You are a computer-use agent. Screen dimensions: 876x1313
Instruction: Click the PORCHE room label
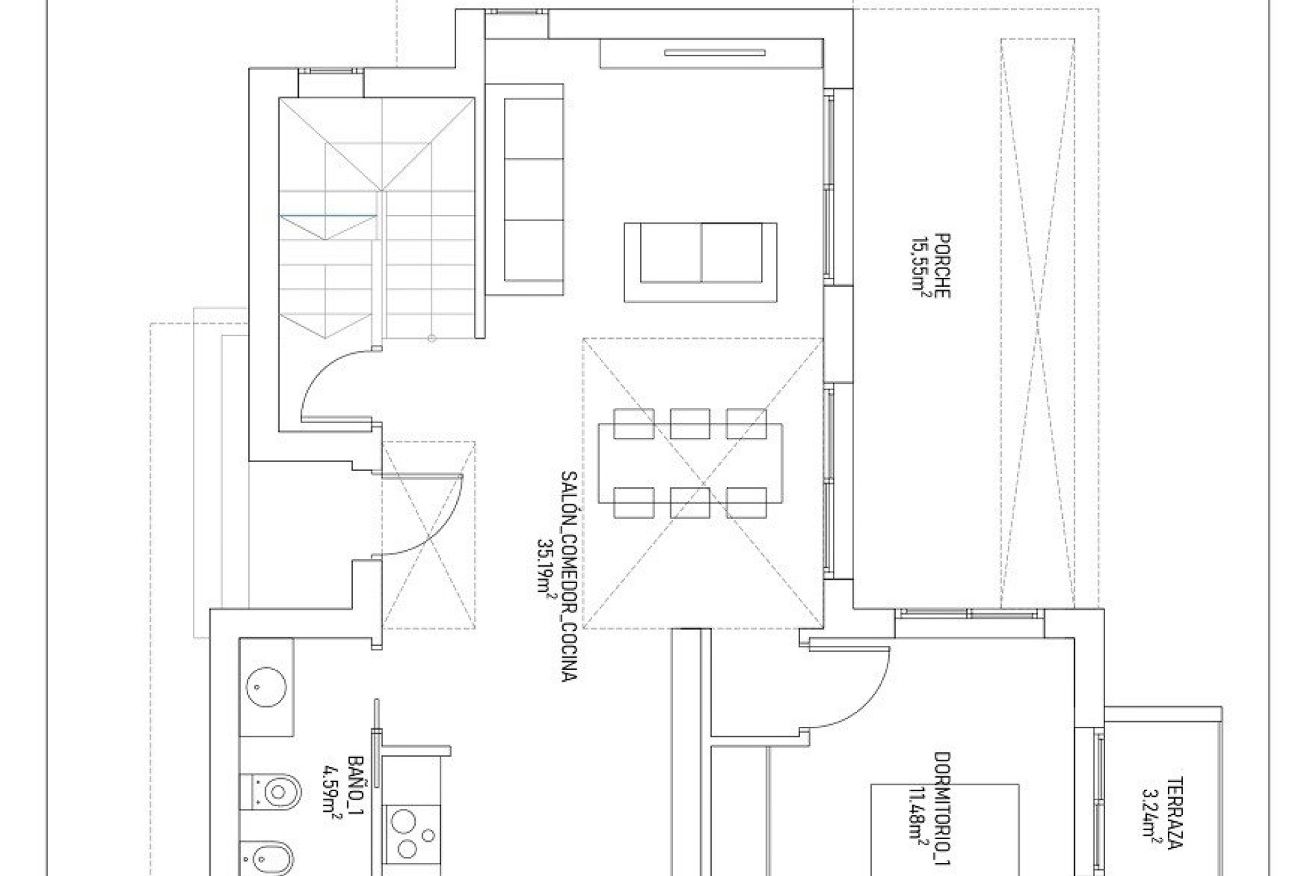click(x=941, y=266)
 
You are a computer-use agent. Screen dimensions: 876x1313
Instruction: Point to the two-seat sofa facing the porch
click(x=701, y=261)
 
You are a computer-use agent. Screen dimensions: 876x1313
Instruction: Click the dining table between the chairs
click(x=691, y=463)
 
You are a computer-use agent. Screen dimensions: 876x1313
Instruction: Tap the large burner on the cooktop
click(x=405, y=821)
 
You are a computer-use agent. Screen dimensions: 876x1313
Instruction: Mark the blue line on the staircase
click(x=328, y=215)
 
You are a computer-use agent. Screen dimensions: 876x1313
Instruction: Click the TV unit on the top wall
click(x=711, y=53)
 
